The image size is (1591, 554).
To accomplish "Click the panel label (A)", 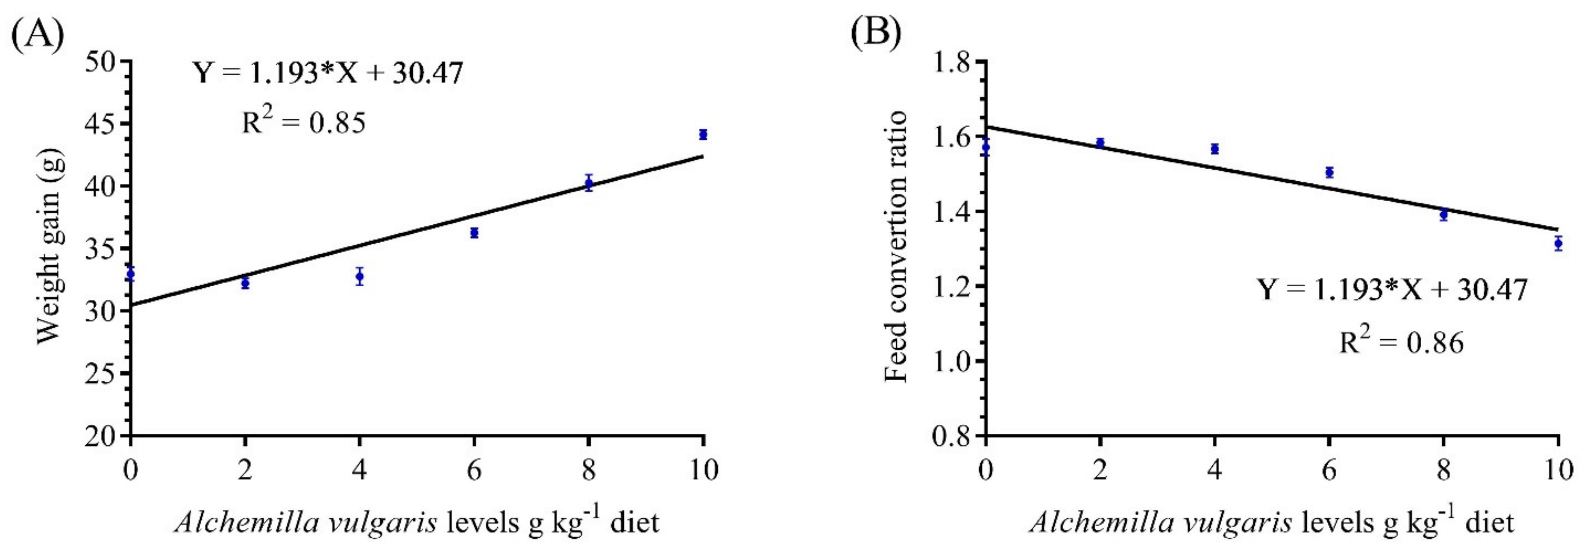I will (x=37, y=35).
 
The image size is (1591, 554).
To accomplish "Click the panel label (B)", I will (x=875, y=35).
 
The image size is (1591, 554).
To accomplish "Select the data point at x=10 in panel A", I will (x=703, y=134).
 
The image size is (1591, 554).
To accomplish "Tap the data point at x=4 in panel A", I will (x=359, y=277).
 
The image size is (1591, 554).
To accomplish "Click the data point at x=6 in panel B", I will (x=1329, y=172).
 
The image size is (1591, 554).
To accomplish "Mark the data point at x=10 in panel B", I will (x=1558, y=243).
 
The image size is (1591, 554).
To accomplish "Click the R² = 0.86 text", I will (x=1401, y=341).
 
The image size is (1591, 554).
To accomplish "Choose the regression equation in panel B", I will (x=1393, y=290).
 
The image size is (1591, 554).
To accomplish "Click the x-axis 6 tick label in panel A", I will (x=474, y=471).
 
